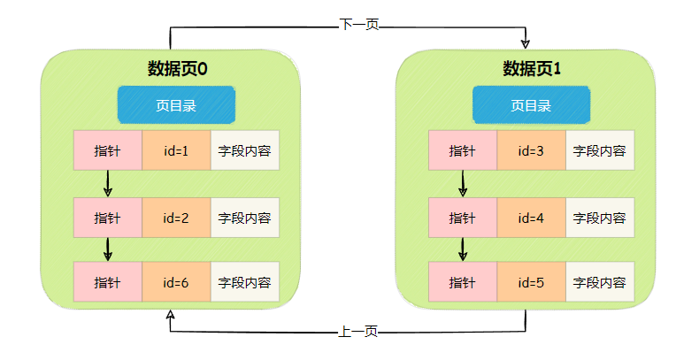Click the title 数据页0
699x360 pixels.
coord(177,68)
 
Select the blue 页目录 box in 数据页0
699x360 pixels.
coord(176,105)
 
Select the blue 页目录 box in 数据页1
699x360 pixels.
coord(531,105)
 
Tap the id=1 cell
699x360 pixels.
coord(176,150)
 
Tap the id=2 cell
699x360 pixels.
coord(176,218)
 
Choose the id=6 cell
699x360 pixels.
coord(176,283)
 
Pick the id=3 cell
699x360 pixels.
coord(531,150)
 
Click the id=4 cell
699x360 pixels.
coord(531,218)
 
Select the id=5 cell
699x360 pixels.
coord(531,283)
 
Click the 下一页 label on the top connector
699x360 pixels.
coord(359,25)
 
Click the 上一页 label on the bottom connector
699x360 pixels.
coord(358,332)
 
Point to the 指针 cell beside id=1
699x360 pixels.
coord(107,150)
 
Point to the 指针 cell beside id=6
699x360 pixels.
coord(107,283)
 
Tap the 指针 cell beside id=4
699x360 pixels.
coord(463,218)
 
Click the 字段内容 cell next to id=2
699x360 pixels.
coord(245,218)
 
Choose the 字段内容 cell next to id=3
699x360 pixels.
coord(600,150)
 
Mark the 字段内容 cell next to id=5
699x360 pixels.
coord(600,283)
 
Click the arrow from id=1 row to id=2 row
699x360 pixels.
coord(108,183)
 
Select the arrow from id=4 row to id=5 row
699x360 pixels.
coord(463,249)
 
